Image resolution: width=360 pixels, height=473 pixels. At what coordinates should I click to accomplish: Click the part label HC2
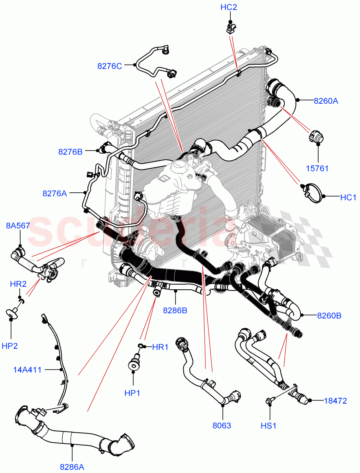229,7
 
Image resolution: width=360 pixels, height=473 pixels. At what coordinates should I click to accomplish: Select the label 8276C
110,66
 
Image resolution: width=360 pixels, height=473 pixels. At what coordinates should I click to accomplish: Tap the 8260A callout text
326,101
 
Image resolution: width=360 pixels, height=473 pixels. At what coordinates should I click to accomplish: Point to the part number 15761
317,169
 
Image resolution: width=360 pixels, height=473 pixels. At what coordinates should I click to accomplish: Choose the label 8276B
70,151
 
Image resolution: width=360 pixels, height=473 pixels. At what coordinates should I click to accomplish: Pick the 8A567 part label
18,225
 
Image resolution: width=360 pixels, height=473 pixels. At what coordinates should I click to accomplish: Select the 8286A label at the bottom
72,467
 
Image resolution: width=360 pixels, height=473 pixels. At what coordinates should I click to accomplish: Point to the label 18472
335,401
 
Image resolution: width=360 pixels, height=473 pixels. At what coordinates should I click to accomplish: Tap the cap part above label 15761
316,136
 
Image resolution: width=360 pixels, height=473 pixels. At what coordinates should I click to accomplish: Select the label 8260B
329,315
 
